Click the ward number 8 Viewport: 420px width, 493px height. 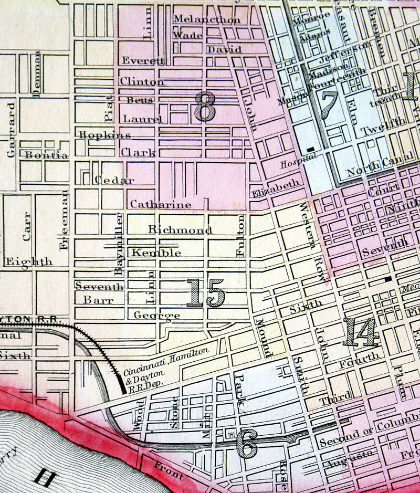click(x=204, y=107)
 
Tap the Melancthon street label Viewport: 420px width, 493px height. click(x=207, y=19)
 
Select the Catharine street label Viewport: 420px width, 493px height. click(x=161, y=204)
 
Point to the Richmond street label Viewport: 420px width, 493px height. click(x=180, y=230)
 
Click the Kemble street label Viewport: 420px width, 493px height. click(x=156, y=253)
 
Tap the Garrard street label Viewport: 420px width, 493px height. click(x=11, y=130)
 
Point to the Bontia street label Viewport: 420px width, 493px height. click(x=46, y=155)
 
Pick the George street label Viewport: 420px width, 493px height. click(x=156, y=315)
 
